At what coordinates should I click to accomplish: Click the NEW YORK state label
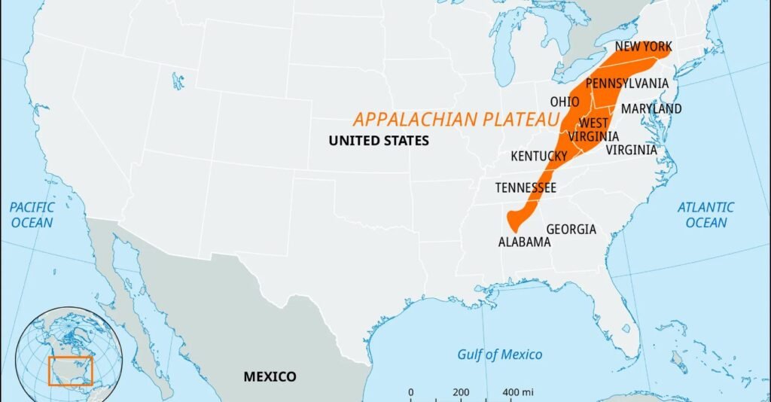pos(642,47)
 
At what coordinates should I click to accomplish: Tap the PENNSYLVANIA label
pos(626,83)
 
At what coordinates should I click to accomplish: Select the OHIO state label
pos(565,102)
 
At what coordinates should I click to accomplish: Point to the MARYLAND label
pos(651,109)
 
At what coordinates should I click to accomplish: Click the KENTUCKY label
pos(538,157)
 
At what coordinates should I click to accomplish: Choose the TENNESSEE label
pos(526,187)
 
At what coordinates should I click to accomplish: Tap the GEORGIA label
pos(571,229)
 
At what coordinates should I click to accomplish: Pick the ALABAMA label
pos(524,242)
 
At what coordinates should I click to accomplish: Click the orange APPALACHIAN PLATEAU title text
pos(457,120)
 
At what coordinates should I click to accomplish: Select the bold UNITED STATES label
pos(379,141)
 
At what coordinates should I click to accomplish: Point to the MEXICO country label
pos(270,376)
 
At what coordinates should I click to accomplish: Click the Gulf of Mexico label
pos(499,355)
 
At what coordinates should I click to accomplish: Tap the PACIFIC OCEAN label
pos(32,215)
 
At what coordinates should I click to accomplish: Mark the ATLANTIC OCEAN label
pos(705,215)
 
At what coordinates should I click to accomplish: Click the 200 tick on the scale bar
pos(461,393)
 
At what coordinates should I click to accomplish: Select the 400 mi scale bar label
pos(518,393)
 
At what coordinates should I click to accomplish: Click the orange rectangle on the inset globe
pos(69,371)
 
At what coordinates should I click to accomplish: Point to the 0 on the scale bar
pos(410,393)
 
